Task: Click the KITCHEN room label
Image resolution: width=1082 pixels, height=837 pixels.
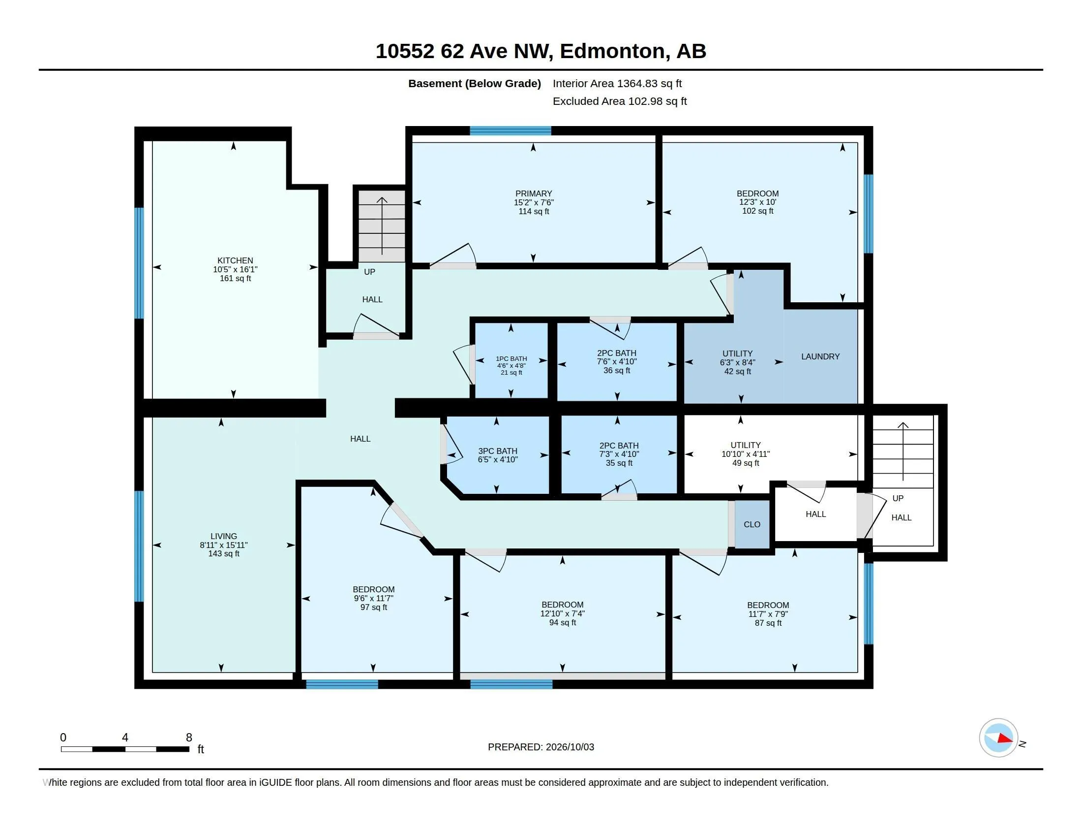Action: pos(235,260)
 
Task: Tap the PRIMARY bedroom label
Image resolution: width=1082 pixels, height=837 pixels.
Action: pos(534,193)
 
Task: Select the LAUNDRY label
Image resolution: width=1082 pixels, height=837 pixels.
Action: pos(820,356)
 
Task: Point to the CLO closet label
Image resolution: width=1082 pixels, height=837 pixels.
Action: pos(752,525)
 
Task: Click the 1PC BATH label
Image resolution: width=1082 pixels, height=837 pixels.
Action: pos(511,358)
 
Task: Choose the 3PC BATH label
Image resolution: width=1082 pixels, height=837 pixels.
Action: pos(498,451)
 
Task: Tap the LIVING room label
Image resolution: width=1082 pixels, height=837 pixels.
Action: pos(224,536)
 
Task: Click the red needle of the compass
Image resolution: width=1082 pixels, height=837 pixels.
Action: pos(1005,739)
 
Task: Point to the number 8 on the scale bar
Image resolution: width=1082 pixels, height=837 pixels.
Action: pos(189,738)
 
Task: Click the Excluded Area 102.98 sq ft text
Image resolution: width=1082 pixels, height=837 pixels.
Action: pos(620,101)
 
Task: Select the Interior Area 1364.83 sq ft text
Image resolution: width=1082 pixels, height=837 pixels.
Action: pos(617,83)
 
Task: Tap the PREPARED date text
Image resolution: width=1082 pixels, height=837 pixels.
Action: pos(541,747)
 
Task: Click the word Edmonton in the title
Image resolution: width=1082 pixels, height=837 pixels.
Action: pos(612,51)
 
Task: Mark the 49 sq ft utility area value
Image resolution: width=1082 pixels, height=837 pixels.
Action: pos(746,463)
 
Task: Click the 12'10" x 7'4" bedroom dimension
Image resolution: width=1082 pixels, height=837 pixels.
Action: pos(562,613)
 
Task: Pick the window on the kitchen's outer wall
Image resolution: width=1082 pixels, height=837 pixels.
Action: pos(139,263)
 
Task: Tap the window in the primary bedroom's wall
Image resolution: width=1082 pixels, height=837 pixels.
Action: pos(511,131)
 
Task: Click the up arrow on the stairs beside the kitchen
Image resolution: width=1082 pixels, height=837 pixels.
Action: pos(382,225)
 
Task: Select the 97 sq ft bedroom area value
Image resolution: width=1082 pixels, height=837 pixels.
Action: pos(374,608)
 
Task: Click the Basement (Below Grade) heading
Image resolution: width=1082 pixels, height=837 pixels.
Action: pos(474,83)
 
